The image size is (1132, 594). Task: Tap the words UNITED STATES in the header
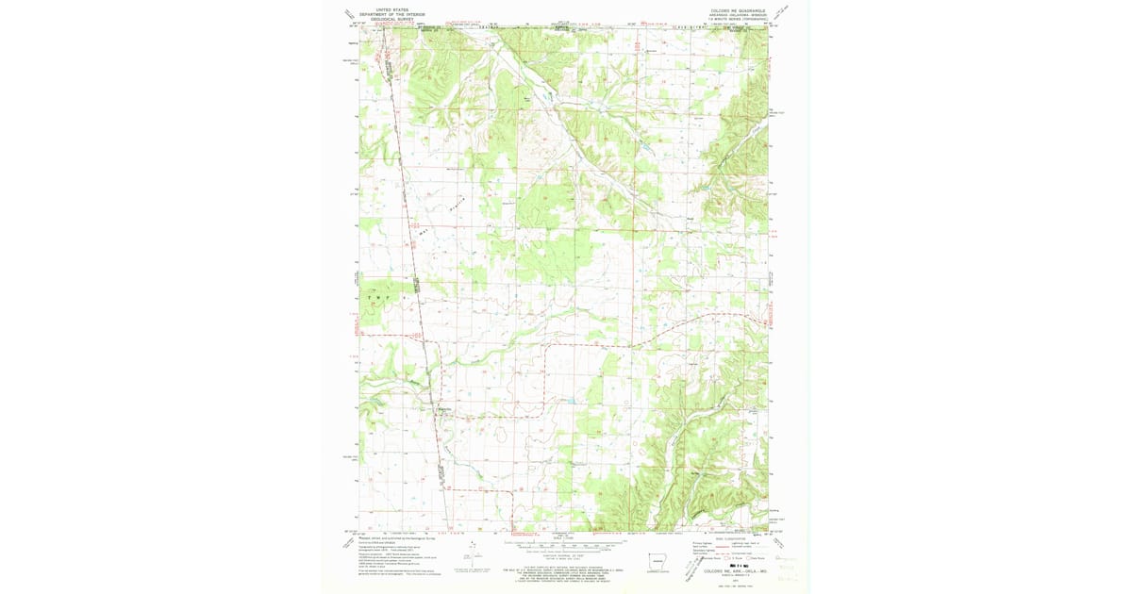385,8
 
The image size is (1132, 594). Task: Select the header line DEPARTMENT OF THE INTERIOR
385,12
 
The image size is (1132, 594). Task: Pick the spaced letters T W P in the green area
387,296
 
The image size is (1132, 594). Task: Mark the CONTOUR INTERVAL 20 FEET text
564,556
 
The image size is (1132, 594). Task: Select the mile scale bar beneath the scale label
564,543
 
